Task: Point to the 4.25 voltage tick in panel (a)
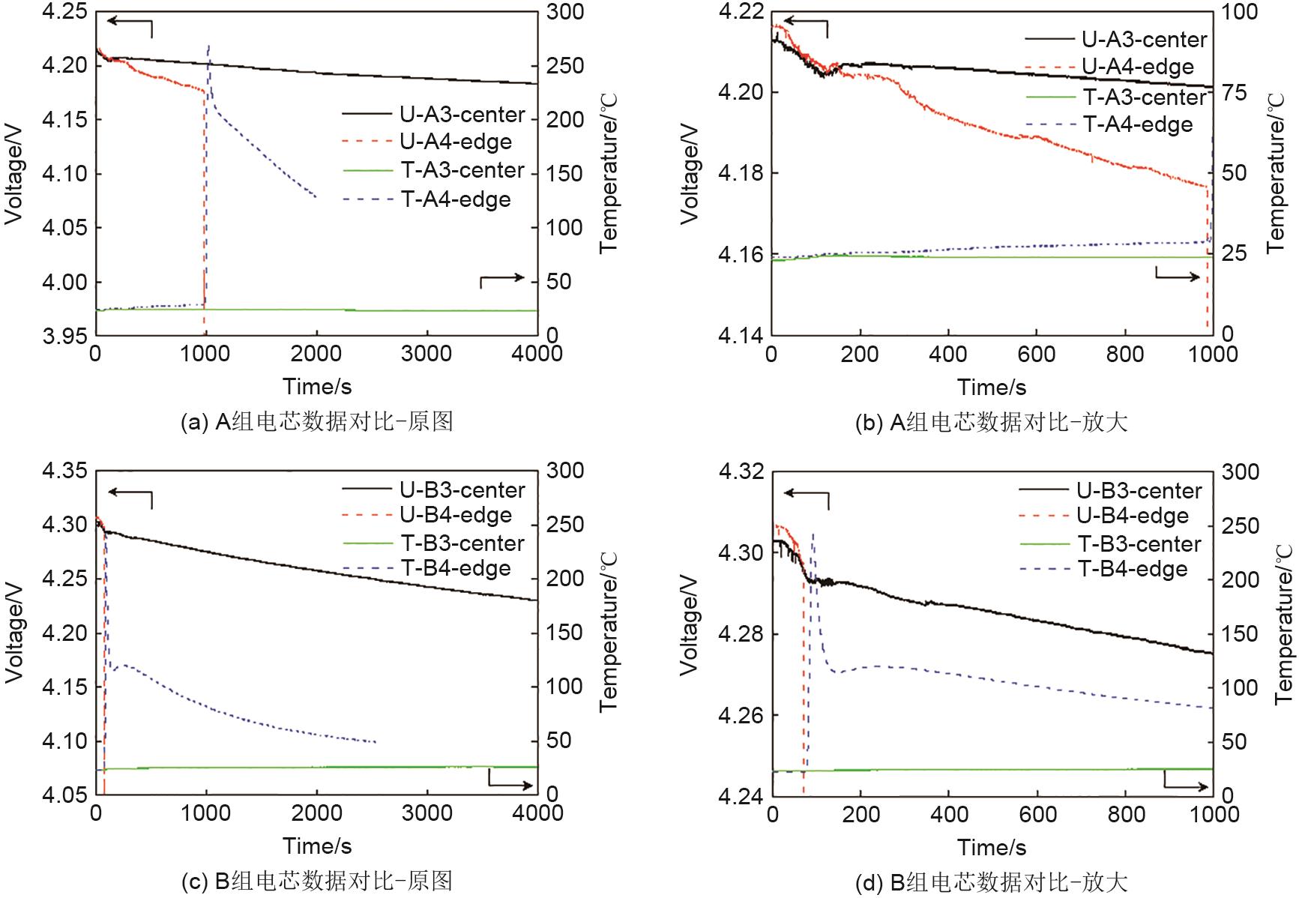(x=64, y=12)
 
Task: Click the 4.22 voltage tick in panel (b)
(x=741, y=12)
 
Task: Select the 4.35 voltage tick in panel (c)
(x=64, y=471)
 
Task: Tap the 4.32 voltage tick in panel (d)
(x=741, y=472)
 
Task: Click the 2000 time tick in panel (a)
(x=316, y=354)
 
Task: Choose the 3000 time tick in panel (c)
(x=427, y=813)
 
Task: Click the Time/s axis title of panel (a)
(x=316, y=387)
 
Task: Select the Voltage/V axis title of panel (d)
(x=690, y=626)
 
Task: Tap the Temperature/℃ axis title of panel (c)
(x=609, y=632)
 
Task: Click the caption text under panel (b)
(x=991, y=422)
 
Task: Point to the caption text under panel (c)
(x=316, y=881)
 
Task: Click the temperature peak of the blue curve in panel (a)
(x=208, y=46)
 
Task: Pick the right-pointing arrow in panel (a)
(x=502, y=279)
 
